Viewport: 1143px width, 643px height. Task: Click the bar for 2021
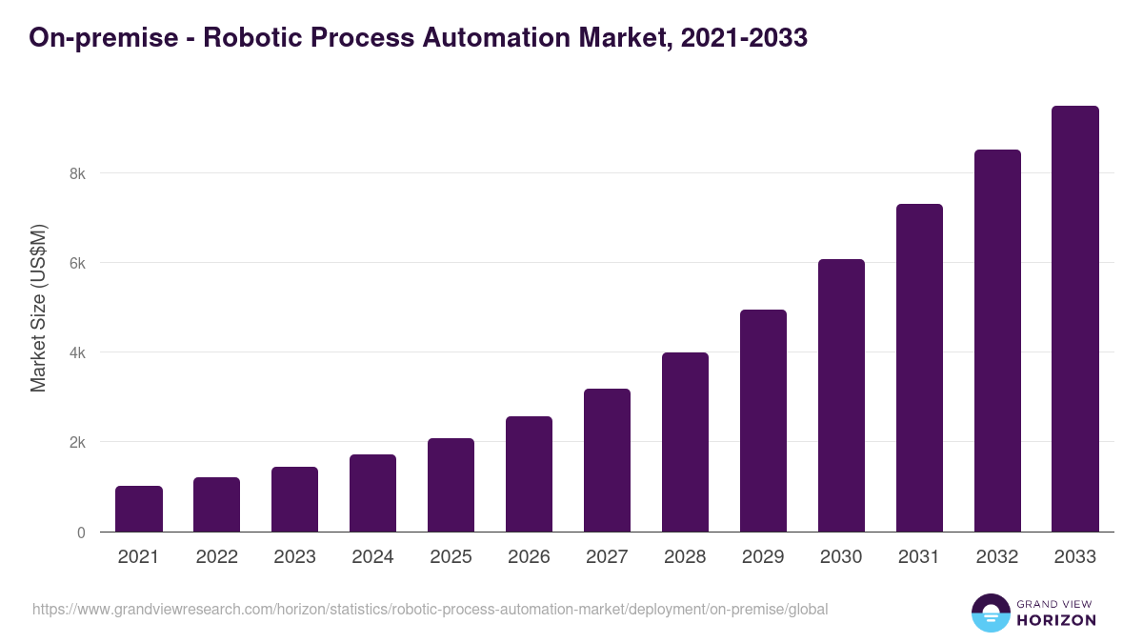[x=139, y=509]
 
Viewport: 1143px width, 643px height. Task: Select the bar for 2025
[x=451, y=485]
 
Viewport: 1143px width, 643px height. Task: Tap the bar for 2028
[x=685, y=442]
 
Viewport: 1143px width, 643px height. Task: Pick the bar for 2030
[x=841, y=395]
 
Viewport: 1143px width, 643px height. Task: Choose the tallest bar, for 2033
[x=1075, y=319]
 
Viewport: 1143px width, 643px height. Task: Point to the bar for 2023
[x=294, y=499]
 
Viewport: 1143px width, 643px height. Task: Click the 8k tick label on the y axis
[x=76, y=173]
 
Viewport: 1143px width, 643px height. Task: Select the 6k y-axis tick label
[x=76, y=263]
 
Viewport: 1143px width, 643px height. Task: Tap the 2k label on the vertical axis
[x=76, y=442]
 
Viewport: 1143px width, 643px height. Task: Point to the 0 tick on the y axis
[x=81, y=532]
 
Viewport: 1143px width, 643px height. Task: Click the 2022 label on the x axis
[x=216, y=557]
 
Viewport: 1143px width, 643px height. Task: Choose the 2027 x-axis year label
[x=607, y=557]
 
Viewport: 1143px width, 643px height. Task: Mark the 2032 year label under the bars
[x=997, y=557]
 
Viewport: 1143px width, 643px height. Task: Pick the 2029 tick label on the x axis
[x=763, y=557]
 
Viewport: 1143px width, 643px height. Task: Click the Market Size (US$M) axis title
[x=38, y=308]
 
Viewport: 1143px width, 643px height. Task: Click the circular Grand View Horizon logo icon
[x=990, y=613]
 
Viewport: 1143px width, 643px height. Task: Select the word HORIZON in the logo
[x=1056, y=620]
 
